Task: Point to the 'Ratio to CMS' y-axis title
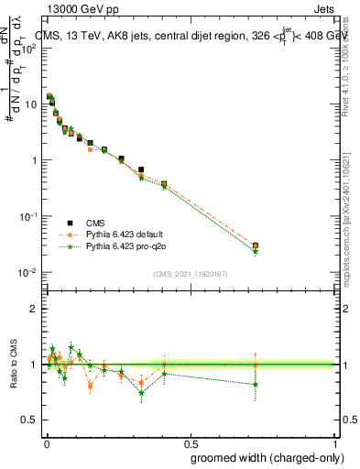coord(12,365)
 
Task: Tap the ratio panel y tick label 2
coord(35,309)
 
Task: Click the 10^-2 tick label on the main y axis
coord(27,273)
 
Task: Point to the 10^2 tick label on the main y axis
coord(29,48)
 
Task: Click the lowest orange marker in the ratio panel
coord(90,386)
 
